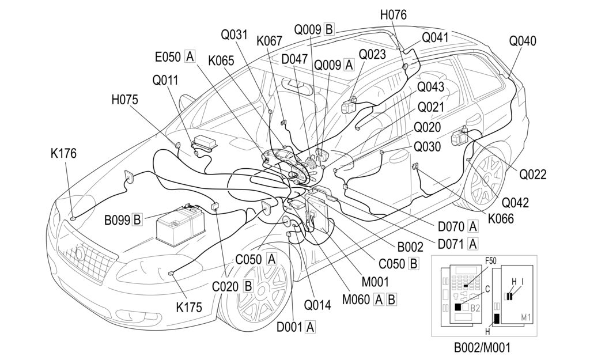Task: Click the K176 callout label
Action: [x=63, y=154]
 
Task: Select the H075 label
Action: [x=124, y=100]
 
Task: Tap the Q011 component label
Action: [x=165, y=80]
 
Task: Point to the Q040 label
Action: [x=523, y=41]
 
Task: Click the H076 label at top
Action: [x=393, y=15]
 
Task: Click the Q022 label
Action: [x=532, y=174]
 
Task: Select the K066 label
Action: [x=501, y=219]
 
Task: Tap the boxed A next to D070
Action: [x=473, y=226]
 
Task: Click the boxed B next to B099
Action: [x=137, y=219]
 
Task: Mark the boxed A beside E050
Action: [x=190, y=56]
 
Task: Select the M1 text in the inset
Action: [x=525, y=316]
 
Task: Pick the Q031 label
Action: [x=235, y=35]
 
